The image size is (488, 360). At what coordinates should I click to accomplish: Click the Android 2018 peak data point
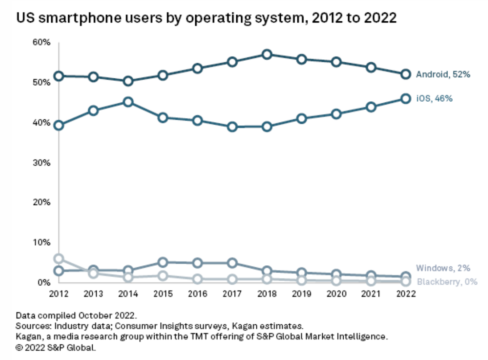tap(267, 55)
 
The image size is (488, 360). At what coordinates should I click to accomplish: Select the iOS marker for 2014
tap(128, 102)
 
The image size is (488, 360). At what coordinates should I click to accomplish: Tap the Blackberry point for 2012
tap(59, 258)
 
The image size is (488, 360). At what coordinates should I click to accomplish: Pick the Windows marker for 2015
tap(163, 262)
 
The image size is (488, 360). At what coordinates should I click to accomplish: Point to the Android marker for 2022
tap(406, 74)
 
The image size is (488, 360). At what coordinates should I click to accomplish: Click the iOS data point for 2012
tap(59, 125)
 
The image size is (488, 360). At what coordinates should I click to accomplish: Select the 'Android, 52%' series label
tap(442, 75)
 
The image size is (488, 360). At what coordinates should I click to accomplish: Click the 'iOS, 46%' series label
tap(434, 98)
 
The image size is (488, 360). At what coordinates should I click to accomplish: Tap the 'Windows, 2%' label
tap(443, 268)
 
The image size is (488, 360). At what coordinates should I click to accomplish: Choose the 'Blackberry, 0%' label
tap(447, 282)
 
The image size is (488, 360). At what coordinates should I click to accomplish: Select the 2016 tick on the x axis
tap(198, 294)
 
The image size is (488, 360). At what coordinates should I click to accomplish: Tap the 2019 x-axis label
tap(302, 294)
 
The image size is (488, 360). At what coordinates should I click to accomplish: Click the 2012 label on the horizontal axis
tap(59, 294)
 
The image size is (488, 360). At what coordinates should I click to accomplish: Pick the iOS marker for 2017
tap(233, 127)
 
